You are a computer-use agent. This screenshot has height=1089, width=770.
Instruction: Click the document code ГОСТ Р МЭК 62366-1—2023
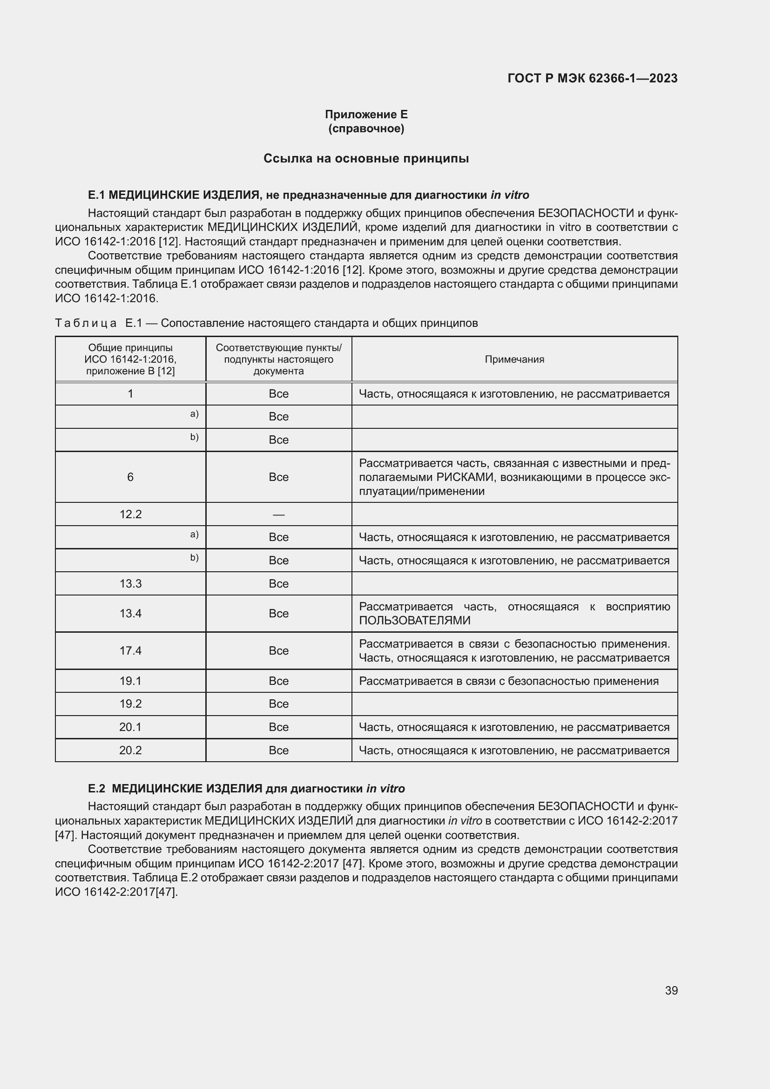(x=592, y=78)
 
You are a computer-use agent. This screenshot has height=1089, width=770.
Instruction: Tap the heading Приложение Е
(x=366, y=115)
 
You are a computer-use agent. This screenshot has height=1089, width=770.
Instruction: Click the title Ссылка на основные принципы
(x=366, y=158)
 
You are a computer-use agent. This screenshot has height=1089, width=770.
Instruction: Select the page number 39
(x=671, y=990)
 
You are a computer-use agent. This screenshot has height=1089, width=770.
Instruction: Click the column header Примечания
(x=514, y=359)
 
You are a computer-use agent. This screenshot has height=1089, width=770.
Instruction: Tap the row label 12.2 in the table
(x=130, y=514)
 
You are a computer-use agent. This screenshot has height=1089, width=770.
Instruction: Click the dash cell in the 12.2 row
(x=278, y=514)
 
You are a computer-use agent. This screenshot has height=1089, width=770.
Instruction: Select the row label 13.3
(x=130, y=583)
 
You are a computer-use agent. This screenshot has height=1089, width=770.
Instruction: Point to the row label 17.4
(x=130, y=650)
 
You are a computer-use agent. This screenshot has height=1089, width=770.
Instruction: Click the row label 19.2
(x=130, y=703)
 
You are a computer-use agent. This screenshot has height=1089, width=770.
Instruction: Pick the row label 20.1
(x=130, y=727)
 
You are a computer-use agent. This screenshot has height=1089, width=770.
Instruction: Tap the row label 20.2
(x=130, y=750)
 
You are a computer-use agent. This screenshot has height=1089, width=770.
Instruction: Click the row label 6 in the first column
(x=130, y=477)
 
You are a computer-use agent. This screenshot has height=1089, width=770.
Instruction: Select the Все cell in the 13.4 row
(x=278, y=613)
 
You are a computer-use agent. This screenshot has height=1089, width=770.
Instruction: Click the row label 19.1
(x=130, y=681)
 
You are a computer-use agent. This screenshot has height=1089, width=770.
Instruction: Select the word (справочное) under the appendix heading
(x=366, y=129)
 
